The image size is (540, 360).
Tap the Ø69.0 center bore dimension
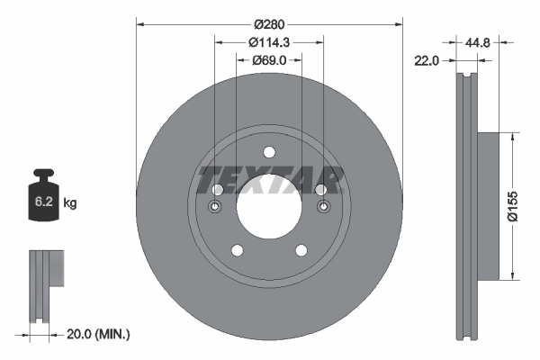269,59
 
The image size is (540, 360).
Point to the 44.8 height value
480,42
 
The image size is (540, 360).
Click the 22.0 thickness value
426,60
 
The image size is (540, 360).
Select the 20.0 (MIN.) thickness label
99,334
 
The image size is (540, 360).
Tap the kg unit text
70,203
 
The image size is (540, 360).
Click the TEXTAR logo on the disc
269,180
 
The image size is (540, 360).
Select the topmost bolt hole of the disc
268,151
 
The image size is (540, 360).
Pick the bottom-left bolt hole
237,249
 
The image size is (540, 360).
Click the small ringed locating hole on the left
215,209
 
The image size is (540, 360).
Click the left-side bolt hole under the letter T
216,190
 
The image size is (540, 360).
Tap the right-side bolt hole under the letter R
320,190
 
